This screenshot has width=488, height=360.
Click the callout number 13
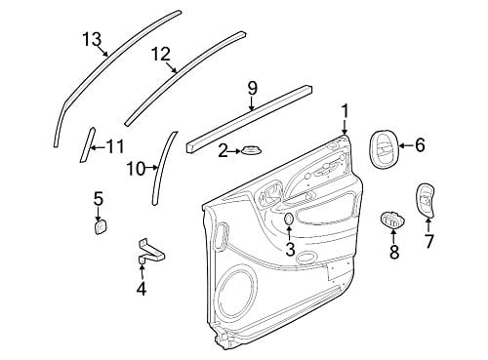point(92,40)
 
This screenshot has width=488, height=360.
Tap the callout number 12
point(161,55)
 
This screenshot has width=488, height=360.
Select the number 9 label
point(252,88)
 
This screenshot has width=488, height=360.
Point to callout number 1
point(345,111)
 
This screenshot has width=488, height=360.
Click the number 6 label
point(420,145)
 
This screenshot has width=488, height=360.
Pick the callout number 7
point(428,241)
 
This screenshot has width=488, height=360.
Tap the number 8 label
point(394,252)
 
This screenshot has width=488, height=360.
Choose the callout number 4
point(142,289)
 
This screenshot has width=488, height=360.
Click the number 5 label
point(99,199)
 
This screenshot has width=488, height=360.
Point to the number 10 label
point(136,169)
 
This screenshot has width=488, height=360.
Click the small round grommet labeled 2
point(252,151)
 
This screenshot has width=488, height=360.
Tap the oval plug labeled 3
point(288,220)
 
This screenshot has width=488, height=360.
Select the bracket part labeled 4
point(151,253)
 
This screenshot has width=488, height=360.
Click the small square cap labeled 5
point(101,226)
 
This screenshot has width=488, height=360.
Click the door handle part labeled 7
point(425,201)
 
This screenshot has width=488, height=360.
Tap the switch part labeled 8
point(391,220)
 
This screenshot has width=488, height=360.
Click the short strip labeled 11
point(87,144)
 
